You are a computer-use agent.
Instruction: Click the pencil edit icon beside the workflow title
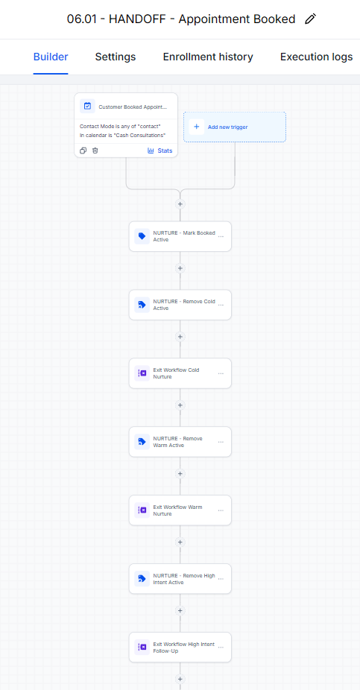[x=310, y=19]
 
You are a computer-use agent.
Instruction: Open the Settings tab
[x=116, y=57]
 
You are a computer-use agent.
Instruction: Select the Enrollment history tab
[x=208, y=57]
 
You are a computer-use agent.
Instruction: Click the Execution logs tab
[x=317, y=57]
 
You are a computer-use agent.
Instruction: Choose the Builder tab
[x=51, y=57]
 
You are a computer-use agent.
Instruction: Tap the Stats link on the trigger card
[x=160, y=151]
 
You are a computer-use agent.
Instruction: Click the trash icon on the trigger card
[x=95, y=151]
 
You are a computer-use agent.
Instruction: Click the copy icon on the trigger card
[x=83, y=151]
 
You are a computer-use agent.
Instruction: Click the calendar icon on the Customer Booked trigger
[x=87, y=106]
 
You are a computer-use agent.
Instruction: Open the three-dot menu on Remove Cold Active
[x=221, y=305]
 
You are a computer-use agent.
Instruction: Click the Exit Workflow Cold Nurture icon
[x=142, y=373]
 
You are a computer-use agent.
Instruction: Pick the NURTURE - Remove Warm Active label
[x=178, y=442]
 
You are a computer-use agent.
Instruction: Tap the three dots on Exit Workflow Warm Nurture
[x=221, y=510]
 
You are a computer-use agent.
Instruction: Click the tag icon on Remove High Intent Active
[x=142, y=579]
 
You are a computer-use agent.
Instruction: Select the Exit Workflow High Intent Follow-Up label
[x=184, y=648]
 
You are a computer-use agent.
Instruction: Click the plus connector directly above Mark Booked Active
[x=180, y=204]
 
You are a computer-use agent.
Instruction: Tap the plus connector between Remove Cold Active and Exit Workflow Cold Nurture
[x=180, y=337]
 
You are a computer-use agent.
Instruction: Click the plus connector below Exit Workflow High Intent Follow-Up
[x=180, y=679]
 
